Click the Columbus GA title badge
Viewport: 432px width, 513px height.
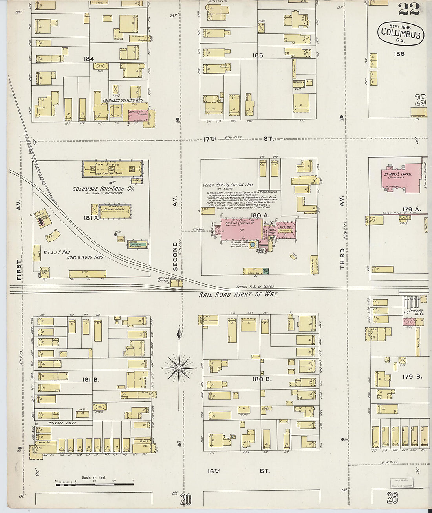401,33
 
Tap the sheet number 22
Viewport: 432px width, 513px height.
409,9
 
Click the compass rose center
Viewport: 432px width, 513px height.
179,368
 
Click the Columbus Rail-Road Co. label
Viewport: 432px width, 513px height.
103,189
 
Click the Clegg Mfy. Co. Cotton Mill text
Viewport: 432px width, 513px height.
228,185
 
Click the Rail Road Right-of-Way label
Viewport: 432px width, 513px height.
238,294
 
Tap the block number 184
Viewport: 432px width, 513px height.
89,59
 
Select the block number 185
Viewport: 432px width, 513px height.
258,56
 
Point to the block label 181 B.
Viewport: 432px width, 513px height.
91,379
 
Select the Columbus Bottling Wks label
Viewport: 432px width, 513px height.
123,101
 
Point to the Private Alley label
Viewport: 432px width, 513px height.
62,423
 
